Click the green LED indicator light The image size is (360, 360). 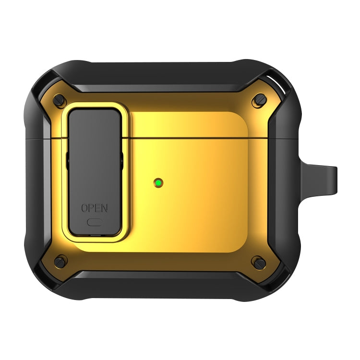click(158, 182)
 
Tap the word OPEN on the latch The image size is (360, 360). click(94, 208)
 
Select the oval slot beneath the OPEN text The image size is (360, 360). click(95, 222)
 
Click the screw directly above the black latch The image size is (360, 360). click(59, 100)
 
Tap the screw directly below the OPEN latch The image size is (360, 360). click(60, 262)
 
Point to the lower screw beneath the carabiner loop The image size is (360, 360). click(259, 262)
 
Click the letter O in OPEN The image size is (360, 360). click(84, 208)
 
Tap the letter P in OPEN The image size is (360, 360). click(91, 208)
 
